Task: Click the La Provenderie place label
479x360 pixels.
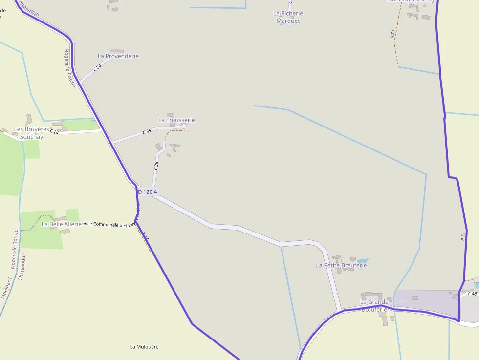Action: click(x=118, y=56)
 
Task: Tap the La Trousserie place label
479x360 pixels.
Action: click(x=176, y=120)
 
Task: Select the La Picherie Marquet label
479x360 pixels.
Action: click(x=288, y=17)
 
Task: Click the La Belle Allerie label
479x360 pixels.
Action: click(x=61, y=224)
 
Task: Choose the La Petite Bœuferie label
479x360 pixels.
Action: click(x=341, y=265)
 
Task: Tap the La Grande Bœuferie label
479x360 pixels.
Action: click(x=374, y=305)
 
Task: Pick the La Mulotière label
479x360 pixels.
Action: click(x=144, y=347)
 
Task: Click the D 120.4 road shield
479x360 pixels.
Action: click(x=148, y=192)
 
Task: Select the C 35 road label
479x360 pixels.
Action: click(x=147, y=132)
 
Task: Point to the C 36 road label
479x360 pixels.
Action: click(x=156, y=166)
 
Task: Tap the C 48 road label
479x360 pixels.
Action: click(x=472, y=294)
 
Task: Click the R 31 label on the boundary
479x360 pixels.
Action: click(x=462, y=236)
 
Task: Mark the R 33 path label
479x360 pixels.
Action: click(x=392, y=34)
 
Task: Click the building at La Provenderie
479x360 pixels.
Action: click(x=117, y=50)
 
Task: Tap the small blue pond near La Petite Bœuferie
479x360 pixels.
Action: click(x=362, y=261)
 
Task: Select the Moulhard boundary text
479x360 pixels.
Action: click(x=6, y=288)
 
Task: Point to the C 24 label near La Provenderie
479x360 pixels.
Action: click(x=98, y=67)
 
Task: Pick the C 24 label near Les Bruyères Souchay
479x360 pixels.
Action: click(x=54, y=132)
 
